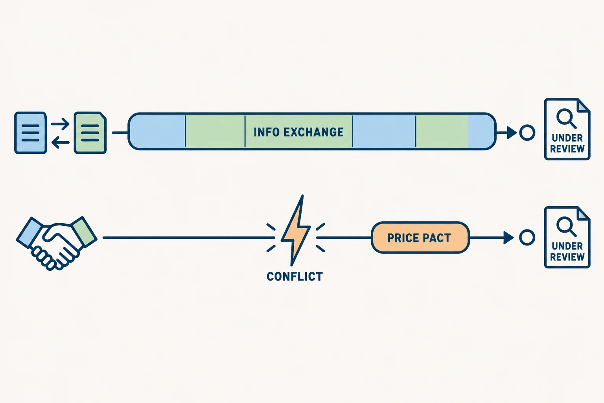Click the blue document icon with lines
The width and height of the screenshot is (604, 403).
click(x=30, y=133)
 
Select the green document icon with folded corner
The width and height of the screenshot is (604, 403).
click(x=90, y=133)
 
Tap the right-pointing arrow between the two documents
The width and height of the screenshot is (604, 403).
click(x=61, y=124)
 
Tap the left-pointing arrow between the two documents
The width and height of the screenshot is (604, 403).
click(x=61, y=142)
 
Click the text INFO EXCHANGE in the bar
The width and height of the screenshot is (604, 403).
click(x=298, y=132)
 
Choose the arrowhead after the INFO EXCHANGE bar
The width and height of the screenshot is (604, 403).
click(x=511, y=133)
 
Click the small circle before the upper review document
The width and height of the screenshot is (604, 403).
click(x=527, y=133)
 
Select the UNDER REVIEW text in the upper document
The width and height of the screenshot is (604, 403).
click(x=567, y=143)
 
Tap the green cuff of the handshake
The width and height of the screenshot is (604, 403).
click(x=84, y=231)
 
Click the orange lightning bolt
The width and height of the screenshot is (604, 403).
click(x=296, y=230)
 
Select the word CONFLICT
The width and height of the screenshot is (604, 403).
click(x=295, y=277)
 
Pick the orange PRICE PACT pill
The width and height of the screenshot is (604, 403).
click(x=420, y=238)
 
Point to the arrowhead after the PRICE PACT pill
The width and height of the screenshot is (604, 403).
click(x=508, y=238)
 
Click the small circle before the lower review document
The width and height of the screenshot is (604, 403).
click(x=527, y=238)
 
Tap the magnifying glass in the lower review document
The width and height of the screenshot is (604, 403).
click(x=566, y=226)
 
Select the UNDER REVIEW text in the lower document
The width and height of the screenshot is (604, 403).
click(x=567, y=251)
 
